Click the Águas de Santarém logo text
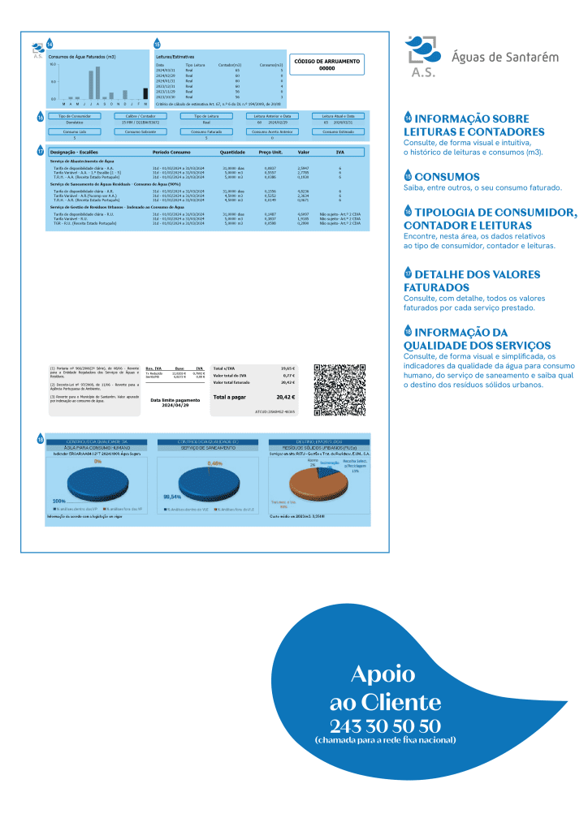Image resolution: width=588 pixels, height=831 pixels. pyautogui.click(x=504, y=57)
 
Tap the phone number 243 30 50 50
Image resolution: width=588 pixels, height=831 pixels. pyautogui.click(x=385, y=725)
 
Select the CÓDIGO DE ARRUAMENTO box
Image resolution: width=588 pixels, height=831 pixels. pyautogui.click(x=326, y=65)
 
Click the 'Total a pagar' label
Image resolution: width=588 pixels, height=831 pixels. pyautogui.click(x=231, y=398)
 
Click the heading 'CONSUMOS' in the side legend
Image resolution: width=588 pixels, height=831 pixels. pyautogui.click(x=447, y=177)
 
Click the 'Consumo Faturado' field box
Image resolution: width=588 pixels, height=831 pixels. pyautogui.click(x=205, y=131)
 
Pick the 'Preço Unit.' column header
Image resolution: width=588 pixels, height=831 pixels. pyautogui.click(x=270, y=152)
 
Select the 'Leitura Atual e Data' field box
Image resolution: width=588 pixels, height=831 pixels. pyautogui.click(x=337, y=116)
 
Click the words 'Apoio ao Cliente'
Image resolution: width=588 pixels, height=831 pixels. pyautogui.click(x=385, y=687)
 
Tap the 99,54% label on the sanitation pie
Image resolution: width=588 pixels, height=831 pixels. pyautogui.click(x=172, y=496)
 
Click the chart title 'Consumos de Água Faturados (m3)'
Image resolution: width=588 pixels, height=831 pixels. pyautogui.click(x=82, y=58)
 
